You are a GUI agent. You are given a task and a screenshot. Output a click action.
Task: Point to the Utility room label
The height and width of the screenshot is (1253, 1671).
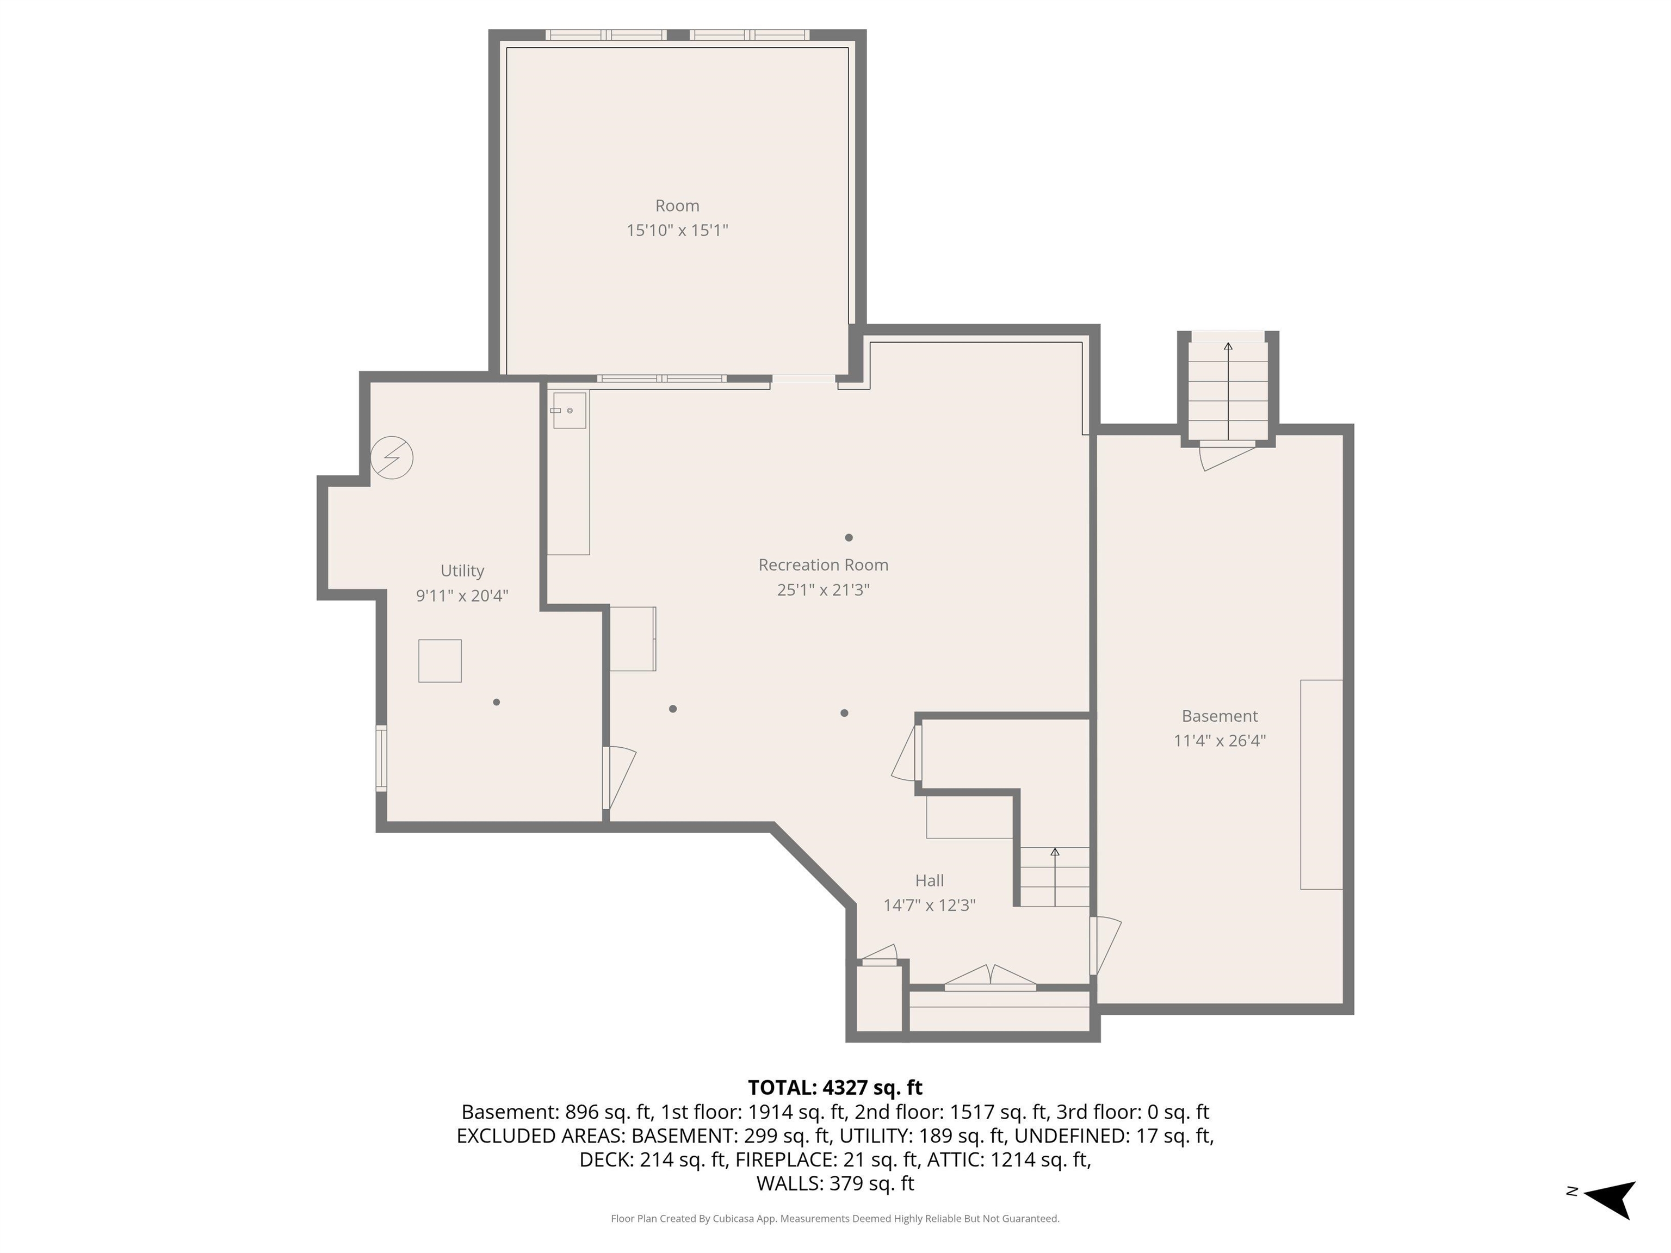point(462,571)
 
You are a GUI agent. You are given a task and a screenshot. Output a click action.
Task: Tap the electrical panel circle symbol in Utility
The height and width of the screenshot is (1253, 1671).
point(392,458)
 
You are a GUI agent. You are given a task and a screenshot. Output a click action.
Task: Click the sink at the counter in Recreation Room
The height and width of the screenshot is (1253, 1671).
point(569,410)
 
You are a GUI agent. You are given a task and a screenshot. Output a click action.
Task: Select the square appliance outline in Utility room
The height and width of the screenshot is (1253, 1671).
point(440,661)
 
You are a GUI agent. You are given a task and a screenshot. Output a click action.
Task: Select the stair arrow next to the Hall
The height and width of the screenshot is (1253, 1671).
point(1055,876)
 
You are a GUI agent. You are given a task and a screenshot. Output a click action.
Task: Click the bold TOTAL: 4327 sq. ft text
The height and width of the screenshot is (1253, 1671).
point(835,1088)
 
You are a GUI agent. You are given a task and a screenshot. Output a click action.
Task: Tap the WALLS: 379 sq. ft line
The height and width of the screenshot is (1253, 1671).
point(835,1183)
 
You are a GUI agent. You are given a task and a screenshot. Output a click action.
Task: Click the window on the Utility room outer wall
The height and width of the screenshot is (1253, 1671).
point(381,758)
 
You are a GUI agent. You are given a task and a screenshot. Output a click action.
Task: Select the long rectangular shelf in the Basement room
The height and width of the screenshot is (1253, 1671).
point(1321,784)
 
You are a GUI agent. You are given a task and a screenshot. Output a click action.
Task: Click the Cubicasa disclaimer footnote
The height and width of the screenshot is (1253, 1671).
point(835,1218)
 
